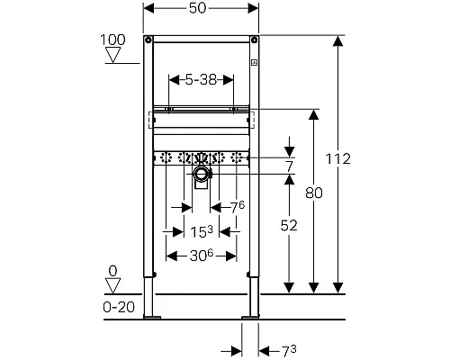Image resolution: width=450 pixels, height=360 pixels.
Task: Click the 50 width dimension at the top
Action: [x=198, y=8]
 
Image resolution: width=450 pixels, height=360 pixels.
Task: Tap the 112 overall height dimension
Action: [x=338, y=159]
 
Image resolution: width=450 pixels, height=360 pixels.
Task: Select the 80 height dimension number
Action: [x=314, y=193]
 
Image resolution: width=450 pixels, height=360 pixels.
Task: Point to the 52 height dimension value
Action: [x=289, y=226]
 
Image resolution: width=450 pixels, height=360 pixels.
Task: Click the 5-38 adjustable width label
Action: [x=201, y=80]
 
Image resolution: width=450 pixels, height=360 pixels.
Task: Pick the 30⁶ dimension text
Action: [x=202, y=256]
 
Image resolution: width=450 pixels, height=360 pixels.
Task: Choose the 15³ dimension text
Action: [x=202, y=231]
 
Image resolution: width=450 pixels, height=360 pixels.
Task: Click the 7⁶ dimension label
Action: [x=238, y=207]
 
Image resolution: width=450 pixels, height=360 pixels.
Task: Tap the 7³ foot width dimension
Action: [x=289, y=351]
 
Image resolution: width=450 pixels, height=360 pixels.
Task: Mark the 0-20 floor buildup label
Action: [x=119, y=307]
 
